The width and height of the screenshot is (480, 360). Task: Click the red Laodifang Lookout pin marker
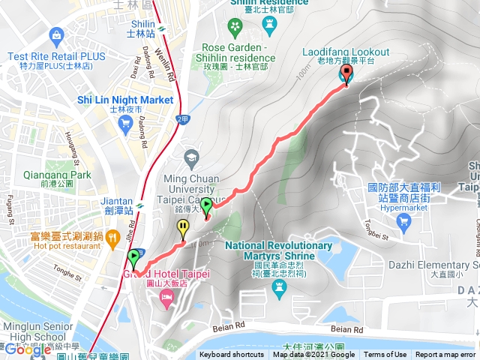point(346,73)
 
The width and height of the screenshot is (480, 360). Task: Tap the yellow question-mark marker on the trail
point(183,228)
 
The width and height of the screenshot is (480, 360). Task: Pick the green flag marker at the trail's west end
point(134,259)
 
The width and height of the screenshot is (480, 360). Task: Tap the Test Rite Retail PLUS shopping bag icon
point(56,35)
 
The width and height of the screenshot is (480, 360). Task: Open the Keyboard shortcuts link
point(232,355)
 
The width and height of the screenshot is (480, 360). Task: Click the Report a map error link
point(445,355)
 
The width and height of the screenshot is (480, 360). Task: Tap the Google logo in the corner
point(27,349)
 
